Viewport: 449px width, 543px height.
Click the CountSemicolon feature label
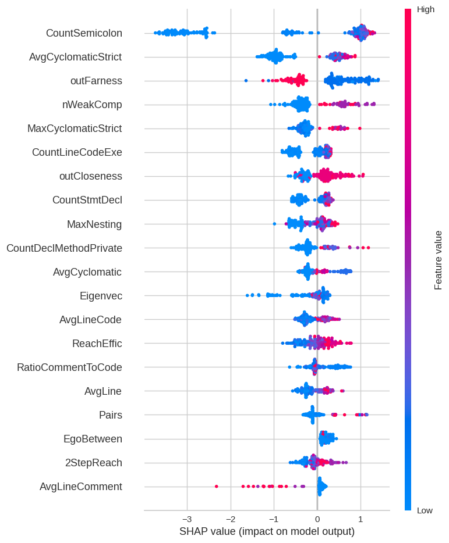(84, 33)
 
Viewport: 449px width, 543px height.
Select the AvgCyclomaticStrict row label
(75, 57)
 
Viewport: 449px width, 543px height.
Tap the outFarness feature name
(96, 81)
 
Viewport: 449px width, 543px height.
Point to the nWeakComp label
(92, 105)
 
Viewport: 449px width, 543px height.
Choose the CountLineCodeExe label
(77, 152)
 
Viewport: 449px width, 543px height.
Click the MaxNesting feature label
(94, 224)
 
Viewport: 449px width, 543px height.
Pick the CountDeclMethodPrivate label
(64, 248)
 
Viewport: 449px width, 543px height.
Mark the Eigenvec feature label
(101, 296)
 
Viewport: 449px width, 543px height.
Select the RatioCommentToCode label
(69, 367)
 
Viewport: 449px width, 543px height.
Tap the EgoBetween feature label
(93, 439)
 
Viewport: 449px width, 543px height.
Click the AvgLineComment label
(81, 487)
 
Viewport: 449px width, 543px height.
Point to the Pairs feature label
(111, 415)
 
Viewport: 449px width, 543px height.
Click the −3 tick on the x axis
(186, 518)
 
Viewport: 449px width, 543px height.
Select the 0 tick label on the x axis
(317, 518)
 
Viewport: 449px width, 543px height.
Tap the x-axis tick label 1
(360, 518)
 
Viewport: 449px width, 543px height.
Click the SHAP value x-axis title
(267, 531)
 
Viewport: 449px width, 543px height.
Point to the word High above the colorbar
(426, 9)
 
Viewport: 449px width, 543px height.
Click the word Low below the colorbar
(425, 510)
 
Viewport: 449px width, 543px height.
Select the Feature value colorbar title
(439, 260)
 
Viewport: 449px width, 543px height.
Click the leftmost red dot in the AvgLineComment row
(217, 486)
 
